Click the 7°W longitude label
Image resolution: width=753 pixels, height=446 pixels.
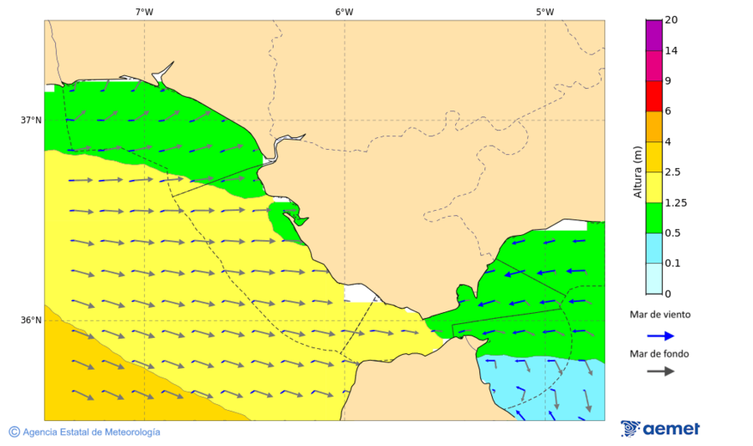point(144,12)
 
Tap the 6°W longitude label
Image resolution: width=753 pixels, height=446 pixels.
point(344,12)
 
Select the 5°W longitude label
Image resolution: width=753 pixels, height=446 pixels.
point(545,12)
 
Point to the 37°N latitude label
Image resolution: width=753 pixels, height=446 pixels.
point(31,120)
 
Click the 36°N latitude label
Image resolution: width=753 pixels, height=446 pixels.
point(31,320)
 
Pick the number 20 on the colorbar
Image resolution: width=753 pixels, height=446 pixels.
point(671,20)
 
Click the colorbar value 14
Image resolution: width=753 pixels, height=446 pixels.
point(671,50)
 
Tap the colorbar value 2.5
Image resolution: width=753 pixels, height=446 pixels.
point(672,172)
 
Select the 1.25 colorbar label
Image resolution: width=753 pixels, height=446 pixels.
point(674,202)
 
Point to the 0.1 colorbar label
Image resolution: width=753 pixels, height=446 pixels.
point(672,263)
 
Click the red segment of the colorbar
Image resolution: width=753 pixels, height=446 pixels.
point(653,95)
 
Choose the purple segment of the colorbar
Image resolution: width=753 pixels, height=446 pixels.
point(653,34)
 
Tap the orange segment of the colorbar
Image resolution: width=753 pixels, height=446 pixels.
point(653,126)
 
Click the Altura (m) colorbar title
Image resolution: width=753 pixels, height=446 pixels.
point(638,172)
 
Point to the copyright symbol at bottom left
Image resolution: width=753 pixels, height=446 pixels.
point(14,432)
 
